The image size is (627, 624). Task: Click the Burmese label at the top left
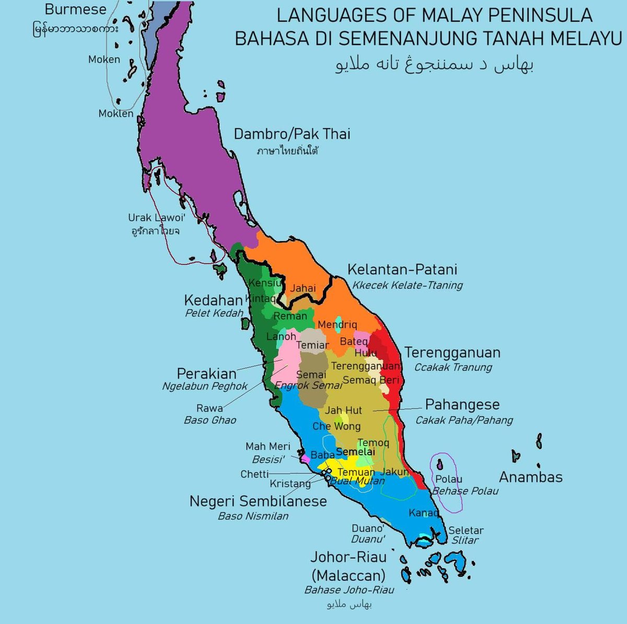(x=76, y=9)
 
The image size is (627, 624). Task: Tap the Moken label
(x=104, y=60)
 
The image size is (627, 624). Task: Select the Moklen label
(x=116, y=113)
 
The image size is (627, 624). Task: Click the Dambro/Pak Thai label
(x=292, y=134)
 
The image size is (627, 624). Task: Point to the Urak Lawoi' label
(x=157, y=218)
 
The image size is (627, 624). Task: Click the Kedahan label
(x=213, y=301)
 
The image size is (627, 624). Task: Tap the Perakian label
(x=206, y=374)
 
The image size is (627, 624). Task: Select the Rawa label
(x=210, y=408)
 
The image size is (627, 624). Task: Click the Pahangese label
(x=462, y=405)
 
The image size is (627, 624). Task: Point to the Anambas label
(x=530, y=477)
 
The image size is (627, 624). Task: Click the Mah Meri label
(x=268, y=447)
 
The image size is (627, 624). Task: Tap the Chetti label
(x=254, y=475)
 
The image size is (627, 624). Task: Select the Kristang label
(x=291, y=484)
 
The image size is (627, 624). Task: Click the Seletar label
(x=466, y=530)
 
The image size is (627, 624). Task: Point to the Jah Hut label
(x=343, y=411)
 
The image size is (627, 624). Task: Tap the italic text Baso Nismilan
(x=253, y=516)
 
